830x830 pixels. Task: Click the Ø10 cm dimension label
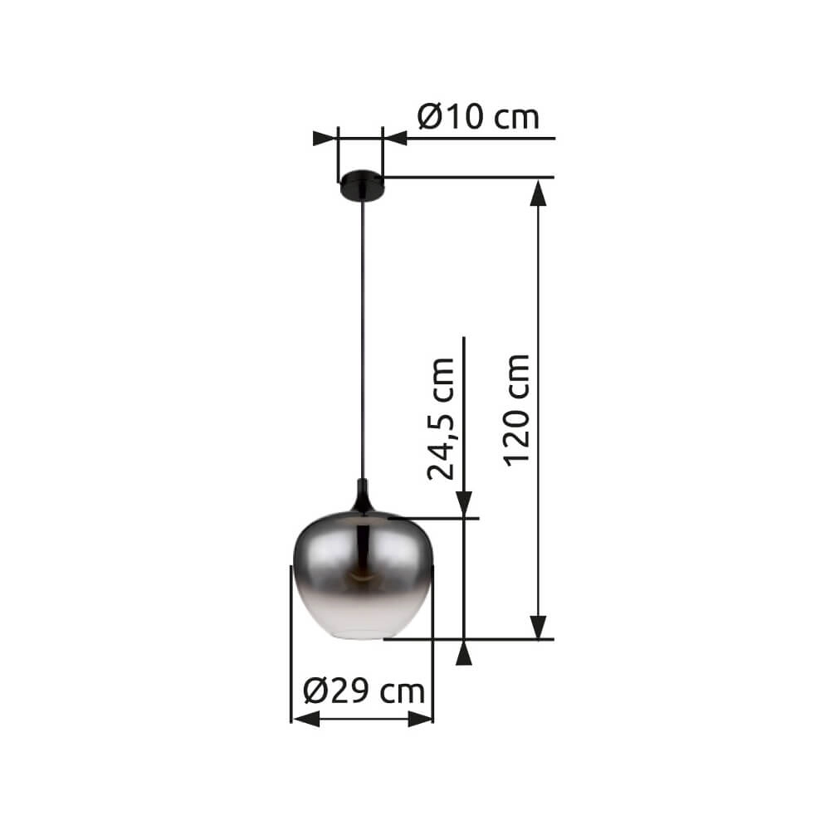(478, 117)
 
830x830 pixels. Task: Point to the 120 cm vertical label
(516, 409)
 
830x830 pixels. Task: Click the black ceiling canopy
(361, 185)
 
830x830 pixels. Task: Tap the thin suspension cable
(362, 332)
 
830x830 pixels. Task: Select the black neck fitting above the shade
(362, 498)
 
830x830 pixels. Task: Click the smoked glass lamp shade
(362, 581)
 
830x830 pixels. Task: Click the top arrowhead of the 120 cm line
(539, 193)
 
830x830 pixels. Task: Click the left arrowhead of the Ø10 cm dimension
(325, 138)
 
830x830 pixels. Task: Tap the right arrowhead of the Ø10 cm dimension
(395, 138)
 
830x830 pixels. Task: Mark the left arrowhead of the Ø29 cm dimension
(305, 718)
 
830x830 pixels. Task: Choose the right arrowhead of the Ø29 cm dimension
(420, 718)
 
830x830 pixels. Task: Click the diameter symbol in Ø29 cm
(316, 691)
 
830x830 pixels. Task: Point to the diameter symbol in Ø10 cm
(431, 117)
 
